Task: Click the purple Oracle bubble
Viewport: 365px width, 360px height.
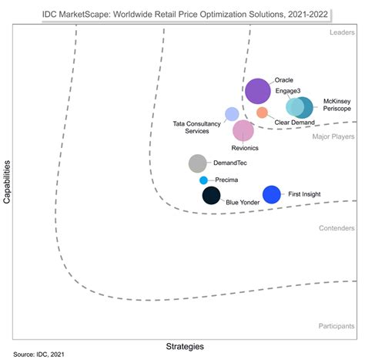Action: point(257,92)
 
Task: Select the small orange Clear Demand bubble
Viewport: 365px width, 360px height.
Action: point(262,113)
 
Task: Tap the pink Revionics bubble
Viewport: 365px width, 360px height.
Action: point(243,131)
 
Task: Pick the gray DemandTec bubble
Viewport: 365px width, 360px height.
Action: point(198,163)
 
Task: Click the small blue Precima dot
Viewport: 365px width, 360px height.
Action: point(203,180)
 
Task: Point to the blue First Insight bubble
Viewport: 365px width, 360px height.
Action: point(271,195)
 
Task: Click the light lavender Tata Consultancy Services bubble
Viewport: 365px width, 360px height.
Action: point(232,114)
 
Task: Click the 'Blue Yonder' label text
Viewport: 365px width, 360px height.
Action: point(243,202)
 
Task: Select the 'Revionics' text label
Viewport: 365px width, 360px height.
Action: point(245,147)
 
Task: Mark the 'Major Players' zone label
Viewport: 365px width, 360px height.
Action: point(333,136)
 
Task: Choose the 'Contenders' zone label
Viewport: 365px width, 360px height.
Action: point(337,228)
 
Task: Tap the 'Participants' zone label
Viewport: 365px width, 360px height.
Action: point(336,326)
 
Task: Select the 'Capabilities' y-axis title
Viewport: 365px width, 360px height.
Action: point(7,183)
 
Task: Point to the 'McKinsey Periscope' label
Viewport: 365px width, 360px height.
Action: point(337,106)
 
